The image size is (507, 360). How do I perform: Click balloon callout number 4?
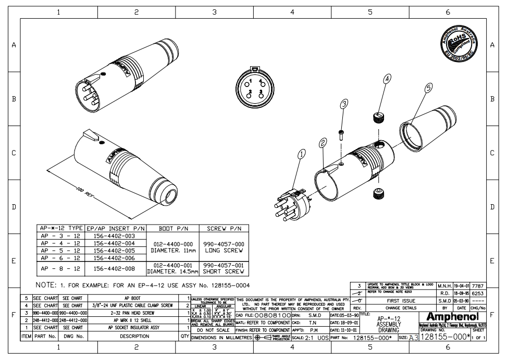click(x=387, y=79)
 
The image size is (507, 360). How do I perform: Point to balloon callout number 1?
click(x=301, y=154)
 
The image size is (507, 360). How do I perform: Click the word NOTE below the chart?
click(x=47, y=285)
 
